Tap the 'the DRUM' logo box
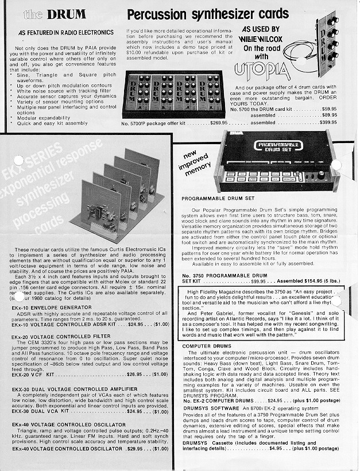pos(55,14)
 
